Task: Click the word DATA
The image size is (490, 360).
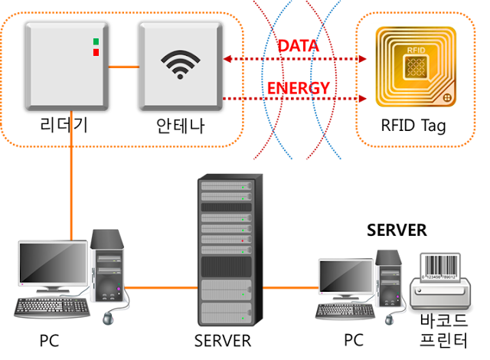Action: tap(298, 46)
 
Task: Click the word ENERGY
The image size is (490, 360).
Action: tap(298, 87)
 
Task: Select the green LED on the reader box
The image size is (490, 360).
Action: tap(96, 41)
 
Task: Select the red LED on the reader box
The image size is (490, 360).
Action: tap(96, 52)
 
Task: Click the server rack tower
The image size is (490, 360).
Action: tap(225, 249)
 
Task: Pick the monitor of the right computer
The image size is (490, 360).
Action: tap(345, 277)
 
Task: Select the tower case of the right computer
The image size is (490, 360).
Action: tap(389, 280)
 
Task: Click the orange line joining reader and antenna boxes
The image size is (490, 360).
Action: tap(123, 66)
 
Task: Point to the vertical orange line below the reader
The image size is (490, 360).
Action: tap(71, 176)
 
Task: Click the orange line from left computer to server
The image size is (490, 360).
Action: tap(161, 288)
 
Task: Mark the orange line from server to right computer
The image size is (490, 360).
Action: tap(289, 288)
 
